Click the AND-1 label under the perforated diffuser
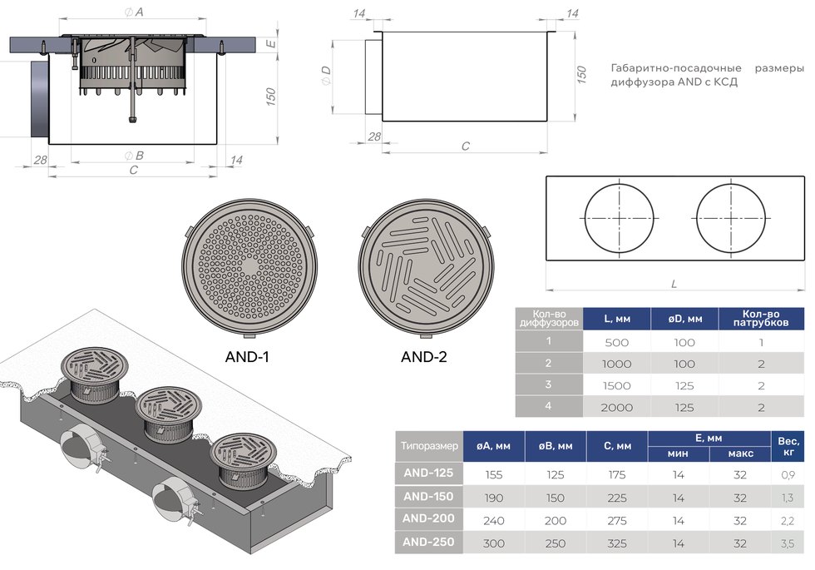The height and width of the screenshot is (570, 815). [247, 357]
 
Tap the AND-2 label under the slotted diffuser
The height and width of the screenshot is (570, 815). [423, 357]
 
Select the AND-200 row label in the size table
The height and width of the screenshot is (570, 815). [428, 518]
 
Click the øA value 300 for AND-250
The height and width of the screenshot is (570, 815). [493, 543]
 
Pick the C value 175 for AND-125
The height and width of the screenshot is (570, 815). [617, 475]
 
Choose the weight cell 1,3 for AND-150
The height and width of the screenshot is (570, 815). [788, 498]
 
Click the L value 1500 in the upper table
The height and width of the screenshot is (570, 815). [616, 386]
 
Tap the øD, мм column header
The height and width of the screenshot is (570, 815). [684, 319]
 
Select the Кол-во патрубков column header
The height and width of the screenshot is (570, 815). [761, 318]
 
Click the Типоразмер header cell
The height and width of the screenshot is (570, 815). [429, 446]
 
